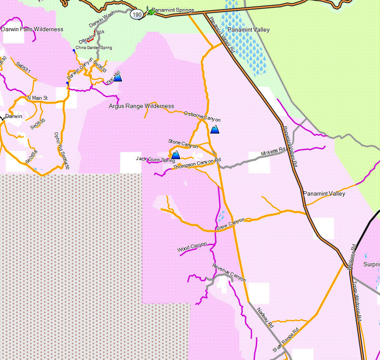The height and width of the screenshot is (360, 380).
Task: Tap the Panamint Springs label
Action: [173, 10]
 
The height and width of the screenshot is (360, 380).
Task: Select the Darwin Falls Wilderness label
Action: [32, 29]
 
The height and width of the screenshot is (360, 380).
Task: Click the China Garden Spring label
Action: [94, 48]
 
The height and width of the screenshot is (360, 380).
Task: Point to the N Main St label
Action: [37, 98]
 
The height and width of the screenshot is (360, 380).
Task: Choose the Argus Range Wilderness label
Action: [142, 106]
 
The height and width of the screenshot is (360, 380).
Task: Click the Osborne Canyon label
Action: [202, 117]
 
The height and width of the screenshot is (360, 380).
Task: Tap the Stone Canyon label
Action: [183, 143]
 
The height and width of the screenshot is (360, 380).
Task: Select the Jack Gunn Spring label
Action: [155, 160]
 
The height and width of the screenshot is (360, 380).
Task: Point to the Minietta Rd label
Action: [273, 152]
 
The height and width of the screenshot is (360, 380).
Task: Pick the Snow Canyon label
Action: [231, 224]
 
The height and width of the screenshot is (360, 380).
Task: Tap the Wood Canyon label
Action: [192, 247]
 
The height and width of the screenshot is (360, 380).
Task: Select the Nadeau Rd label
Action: [265, 317]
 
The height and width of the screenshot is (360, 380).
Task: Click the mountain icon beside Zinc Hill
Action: [117, 78]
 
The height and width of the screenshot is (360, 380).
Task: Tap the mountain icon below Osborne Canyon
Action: [215, 129]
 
